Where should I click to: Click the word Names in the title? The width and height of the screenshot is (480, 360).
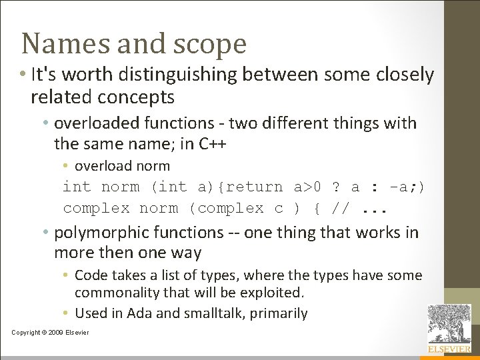coord(56,44)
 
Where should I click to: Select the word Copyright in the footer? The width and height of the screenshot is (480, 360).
coord(25,333)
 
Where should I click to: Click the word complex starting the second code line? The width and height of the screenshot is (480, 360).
coord(96,208)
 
